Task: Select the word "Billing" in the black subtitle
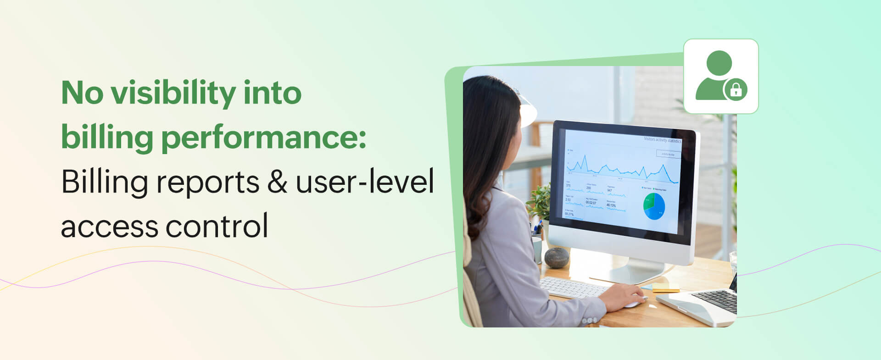(x=104, y=182)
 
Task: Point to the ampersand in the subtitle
(x=277, y=182)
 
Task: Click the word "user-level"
(x=365, y=182)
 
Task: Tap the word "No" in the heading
(x=82, y=93)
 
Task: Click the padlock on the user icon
(x=736, y=89)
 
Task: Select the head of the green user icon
(x=719, y=63)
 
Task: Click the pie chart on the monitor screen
(x=654, y=206)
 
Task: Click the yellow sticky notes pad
(x=665, y=288)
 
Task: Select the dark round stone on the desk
(x=557, y=257)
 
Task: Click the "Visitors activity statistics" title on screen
(x=662, y=139)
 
